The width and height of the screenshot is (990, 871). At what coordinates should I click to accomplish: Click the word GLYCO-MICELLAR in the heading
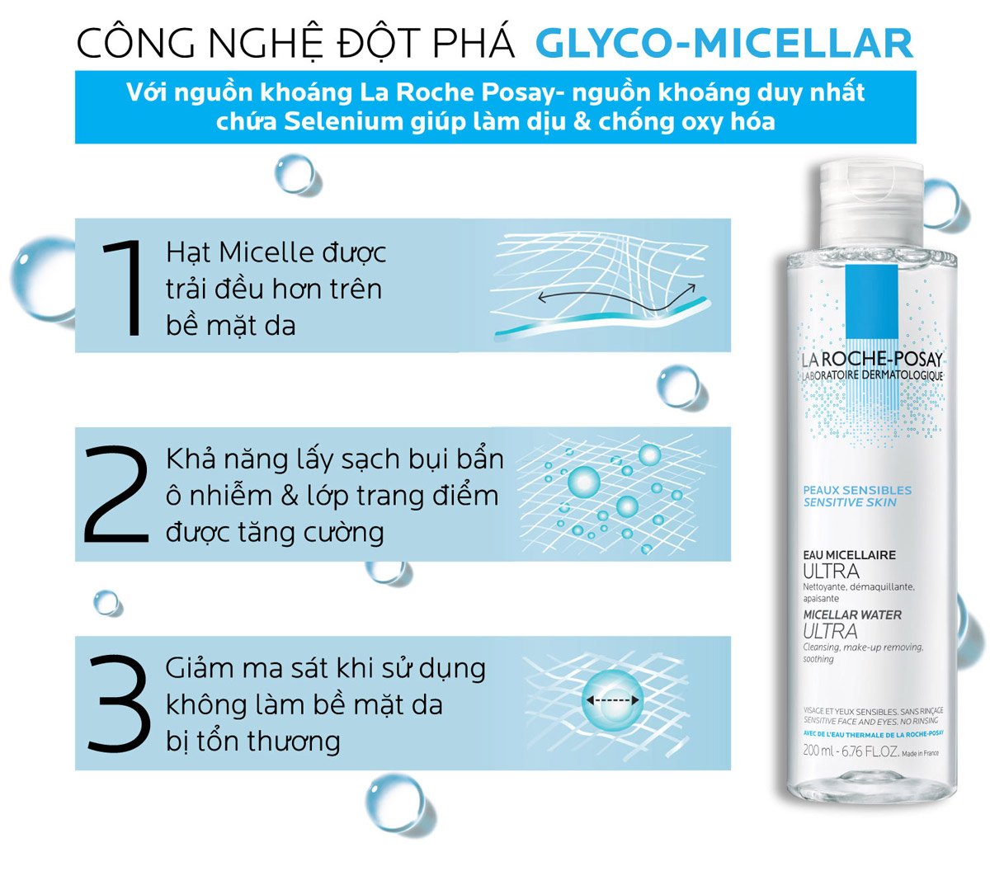(x=724, y=43)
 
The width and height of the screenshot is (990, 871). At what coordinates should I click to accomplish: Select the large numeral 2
(x=116, y=495)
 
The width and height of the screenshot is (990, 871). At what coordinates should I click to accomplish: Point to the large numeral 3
(x=118, y=704)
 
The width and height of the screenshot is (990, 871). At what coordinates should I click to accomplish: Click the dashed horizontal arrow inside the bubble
(x=613, y=700)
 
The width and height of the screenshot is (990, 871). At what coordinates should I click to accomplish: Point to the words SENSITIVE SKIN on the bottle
(x=849, y=502)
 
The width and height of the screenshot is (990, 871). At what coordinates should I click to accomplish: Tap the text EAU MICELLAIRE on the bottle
(x=849, y=555)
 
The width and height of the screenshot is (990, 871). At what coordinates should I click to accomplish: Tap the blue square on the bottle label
(x=871, y=302)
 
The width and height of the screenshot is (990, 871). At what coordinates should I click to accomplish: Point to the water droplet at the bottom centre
(x=394, y=801)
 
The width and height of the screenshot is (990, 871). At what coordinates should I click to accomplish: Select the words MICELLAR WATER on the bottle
(x=851, y=614)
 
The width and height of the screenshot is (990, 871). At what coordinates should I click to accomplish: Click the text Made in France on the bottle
(x=920, y=753)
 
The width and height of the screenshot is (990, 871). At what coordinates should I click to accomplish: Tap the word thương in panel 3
(x=294, y=741)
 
